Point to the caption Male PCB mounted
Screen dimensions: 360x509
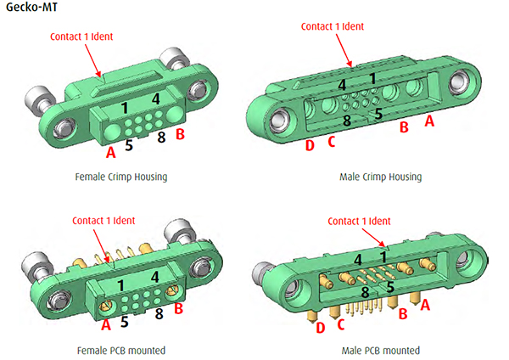tap(378, 350)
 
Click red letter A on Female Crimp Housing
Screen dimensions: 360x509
tap(111, 154)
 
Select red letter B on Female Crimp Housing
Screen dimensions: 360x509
tap(180, 134)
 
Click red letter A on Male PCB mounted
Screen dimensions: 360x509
tap(426, 303)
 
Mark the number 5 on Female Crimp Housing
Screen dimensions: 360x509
tap(129, 144)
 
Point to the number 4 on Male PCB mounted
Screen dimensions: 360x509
tap(358, 260)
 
